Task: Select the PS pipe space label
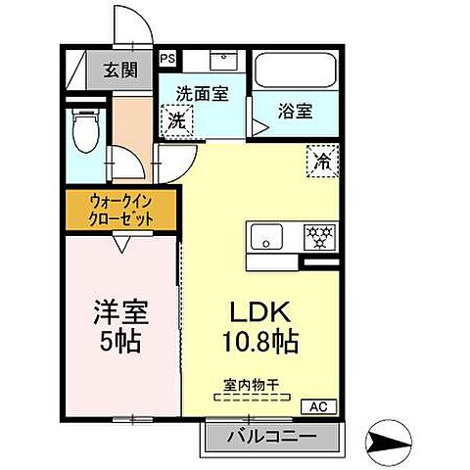click(167, 58)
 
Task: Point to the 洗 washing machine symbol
click(176, 122)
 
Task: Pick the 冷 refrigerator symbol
click(321, 160)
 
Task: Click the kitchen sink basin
click(265, 237)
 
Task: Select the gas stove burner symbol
click(317, 236)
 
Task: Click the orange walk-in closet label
click(121, 210)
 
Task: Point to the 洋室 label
click(121, 315)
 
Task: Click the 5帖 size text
click(122, 344)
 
